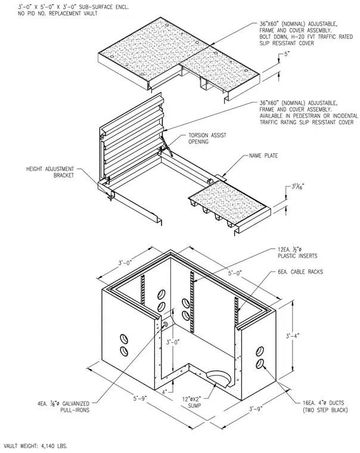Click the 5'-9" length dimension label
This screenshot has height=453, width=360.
140,398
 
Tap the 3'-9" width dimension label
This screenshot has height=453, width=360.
256,409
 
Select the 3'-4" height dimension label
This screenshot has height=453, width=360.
293,336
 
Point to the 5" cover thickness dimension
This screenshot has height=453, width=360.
287,54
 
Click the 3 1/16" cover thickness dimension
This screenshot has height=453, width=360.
297,187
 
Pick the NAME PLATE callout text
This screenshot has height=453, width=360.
263,156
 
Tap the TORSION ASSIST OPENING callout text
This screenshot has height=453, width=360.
207,138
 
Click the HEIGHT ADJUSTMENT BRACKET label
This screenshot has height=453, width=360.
50,172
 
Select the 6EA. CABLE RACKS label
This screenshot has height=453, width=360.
300,272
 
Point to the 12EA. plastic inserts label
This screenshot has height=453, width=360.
297,253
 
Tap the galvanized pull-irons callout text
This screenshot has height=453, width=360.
63,407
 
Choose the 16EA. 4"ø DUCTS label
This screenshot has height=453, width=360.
325,406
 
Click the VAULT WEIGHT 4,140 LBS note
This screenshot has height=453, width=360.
36,446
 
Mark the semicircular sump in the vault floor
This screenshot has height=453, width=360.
219,378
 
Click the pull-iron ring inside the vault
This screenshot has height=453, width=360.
166,324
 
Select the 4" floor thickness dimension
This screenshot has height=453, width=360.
165,392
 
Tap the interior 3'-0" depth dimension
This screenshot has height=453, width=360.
173,342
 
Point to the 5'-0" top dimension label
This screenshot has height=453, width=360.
235,273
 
